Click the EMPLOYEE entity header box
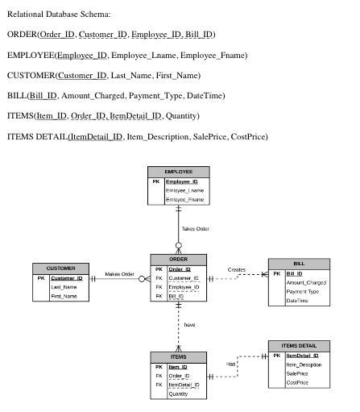coord(179,172)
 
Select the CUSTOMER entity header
coord(60,268)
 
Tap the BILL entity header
coord(299,264)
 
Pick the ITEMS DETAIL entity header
coord(299,346)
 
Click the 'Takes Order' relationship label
coord(195,229)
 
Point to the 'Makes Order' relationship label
coord(119,274)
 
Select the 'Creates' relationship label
coord(237,269)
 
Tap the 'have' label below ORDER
coord(189,325)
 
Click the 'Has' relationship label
coord(230,364)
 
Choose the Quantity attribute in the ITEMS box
coord(178,393)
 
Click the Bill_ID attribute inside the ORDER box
coord(176,296)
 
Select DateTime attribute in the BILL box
coord(297,301)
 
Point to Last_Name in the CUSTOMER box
coord(64,287)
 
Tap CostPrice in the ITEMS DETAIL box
coord(297,382)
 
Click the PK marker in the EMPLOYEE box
coord(156,181)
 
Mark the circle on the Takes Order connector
coord(179,245)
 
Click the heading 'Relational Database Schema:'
coord(59,14)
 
